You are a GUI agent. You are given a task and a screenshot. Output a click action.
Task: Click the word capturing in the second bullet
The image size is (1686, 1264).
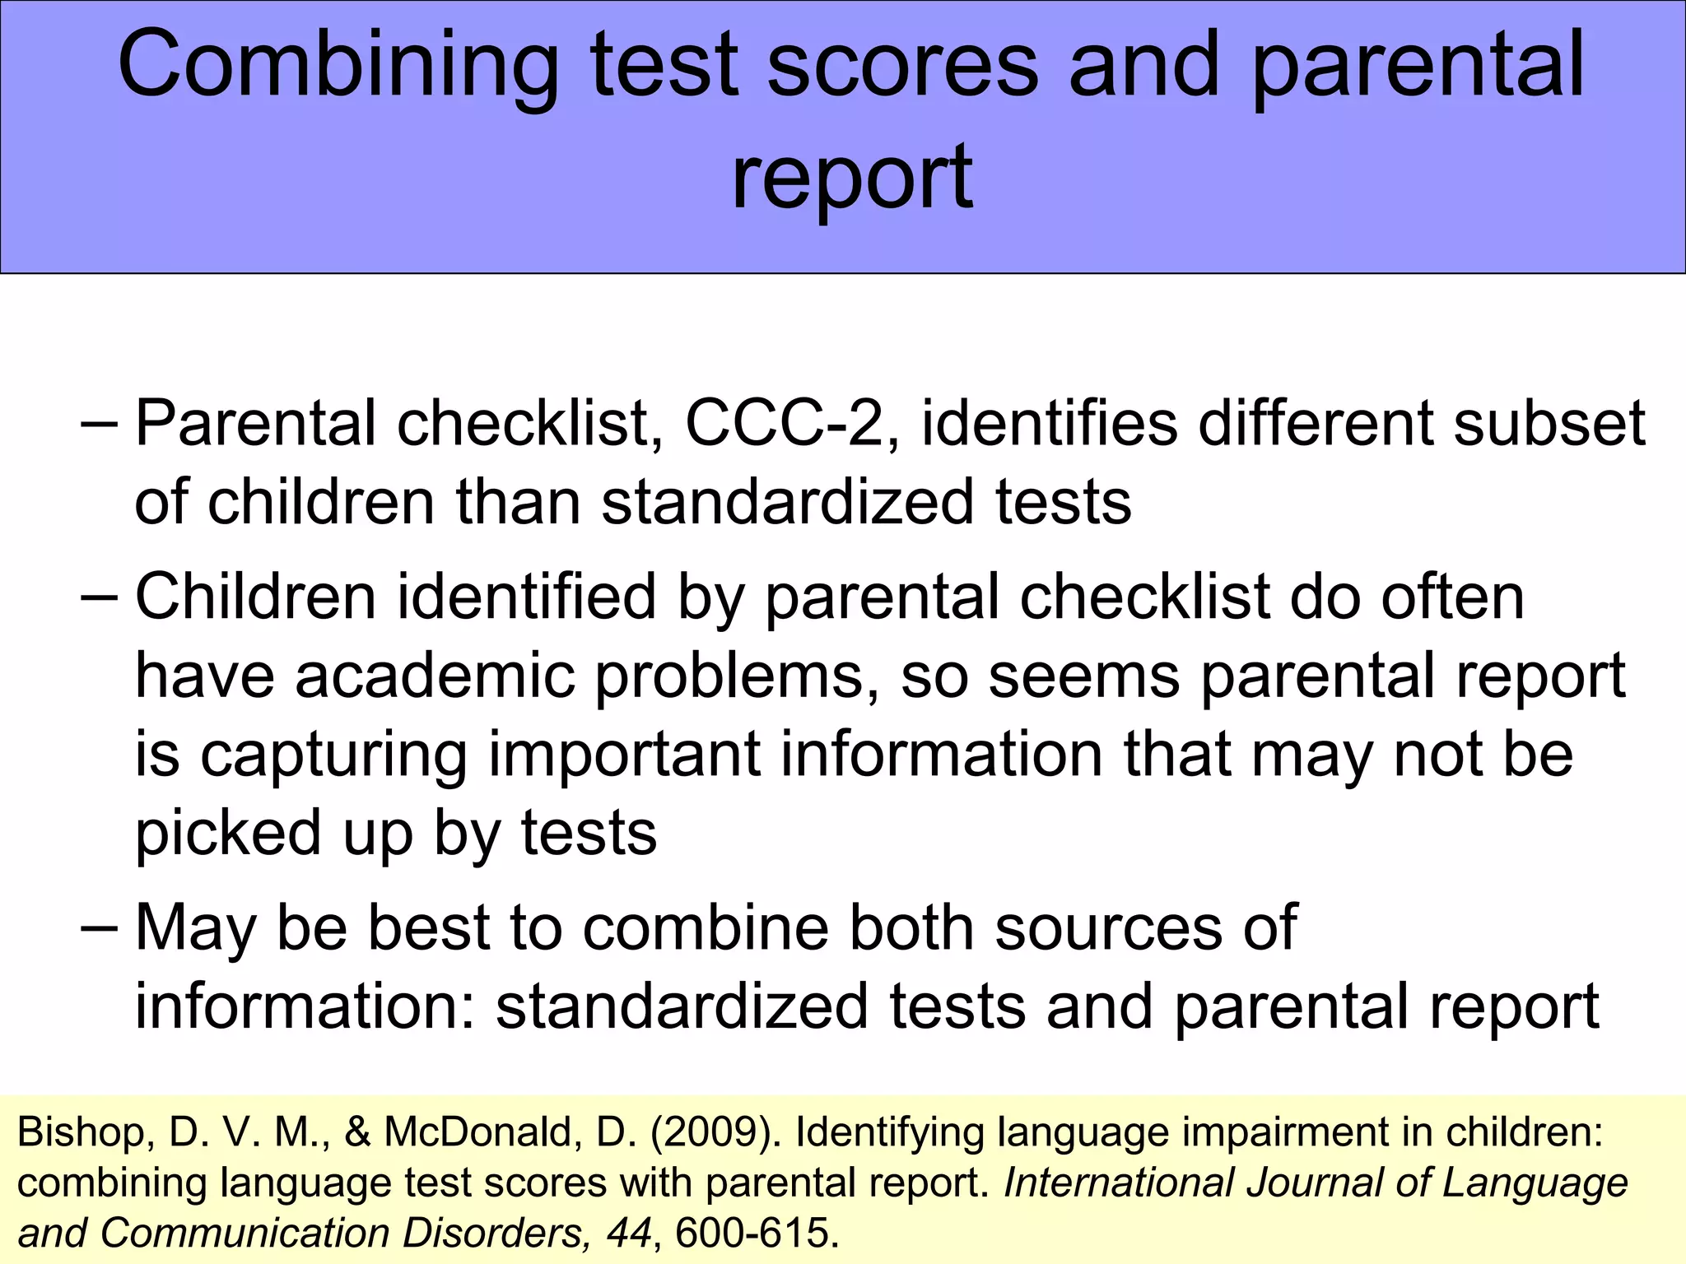334,755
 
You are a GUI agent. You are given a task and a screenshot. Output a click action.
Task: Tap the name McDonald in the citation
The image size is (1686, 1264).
477,1133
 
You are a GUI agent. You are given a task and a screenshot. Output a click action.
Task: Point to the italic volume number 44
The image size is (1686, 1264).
629,1234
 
